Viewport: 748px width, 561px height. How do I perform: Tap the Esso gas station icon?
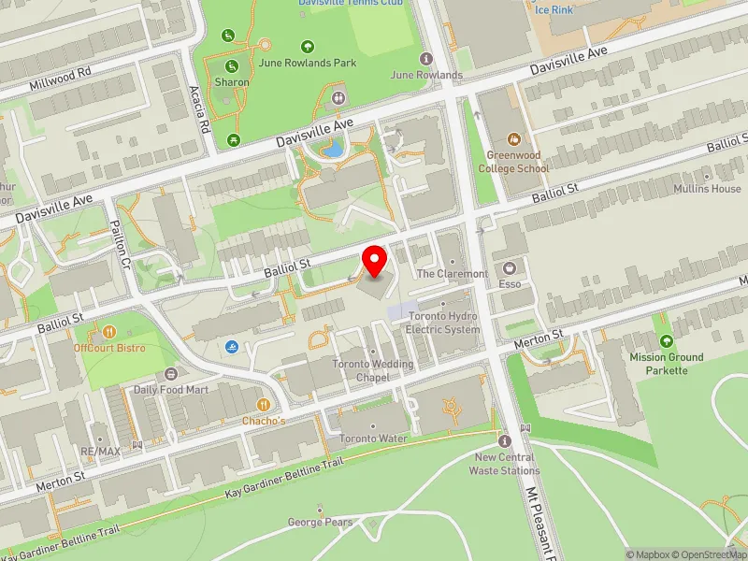click(512, 267)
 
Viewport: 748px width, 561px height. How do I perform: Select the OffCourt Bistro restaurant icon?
click(108, 332)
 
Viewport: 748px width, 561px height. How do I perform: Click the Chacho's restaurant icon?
click(264, 404)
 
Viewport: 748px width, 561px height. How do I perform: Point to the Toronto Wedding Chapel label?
click(373, 370)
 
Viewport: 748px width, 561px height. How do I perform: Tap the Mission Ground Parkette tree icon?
click(666, 342)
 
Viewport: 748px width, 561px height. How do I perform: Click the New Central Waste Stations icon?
click(505, 440)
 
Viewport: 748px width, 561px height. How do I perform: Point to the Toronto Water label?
click(373, 439)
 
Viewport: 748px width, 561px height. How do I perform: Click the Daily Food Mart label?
click(169, 389)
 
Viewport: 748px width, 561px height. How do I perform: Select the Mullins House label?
click(707, 189)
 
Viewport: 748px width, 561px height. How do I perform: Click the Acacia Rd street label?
click(197, 108)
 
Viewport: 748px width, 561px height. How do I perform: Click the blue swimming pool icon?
click(230, 347)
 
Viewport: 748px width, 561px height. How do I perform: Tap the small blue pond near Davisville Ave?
click(332, 148)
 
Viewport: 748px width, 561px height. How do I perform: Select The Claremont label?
click(452, 274)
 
